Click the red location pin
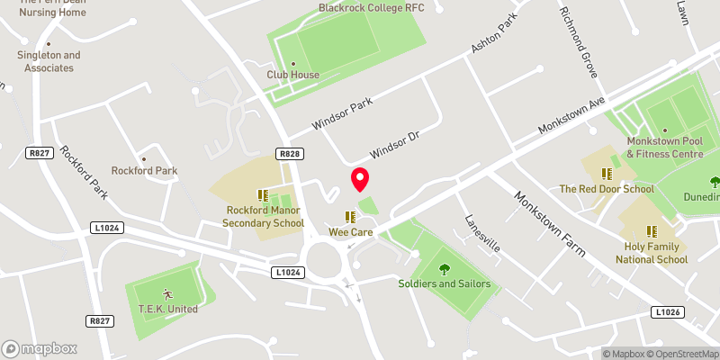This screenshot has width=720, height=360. tap(360, 179)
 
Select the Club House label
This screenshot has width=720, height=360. tap(292, 75)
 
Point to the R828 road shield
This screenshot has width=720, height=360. tap(289, 154)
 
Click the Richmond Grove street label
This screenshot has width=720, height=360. tap(579, 41)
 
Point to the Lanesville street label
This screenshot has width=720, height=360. tap(481, 233)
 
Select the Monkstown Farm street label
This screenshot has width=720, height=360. tap(550, 222)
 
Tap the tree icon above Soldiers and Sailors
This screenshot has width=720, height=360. tap(444, 267)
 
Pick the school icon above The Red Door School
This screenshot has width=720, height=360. tap(607, 173)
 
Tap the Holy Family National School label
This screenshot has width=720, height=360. tap(652, 253)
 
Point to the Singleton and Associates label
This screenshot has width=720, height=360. tap(49, 61)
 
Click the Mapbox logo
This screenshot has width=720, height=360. tap(40, 348)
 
